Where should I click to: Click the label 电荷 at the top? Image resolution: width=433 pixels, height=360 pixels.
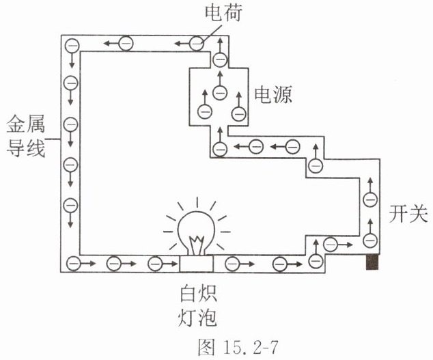223,12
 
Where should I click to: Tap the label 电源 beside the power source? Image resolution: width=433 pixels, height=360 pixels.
273,95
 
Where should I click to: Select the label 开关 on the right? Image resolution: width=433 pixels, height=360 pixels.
408,214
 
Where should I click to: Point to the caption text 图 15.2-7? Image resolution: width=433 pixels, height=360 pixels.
238,347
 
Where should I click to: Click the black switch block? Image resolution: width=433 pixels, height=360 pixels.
372,262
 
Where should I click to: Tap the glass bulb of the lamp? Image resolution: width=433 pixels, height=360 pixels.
196,232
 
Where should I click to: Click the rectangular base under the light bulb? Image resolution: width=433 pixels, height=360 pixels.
197,264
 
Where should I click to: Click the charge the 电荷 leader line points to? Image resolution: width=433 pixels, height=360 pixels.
197,43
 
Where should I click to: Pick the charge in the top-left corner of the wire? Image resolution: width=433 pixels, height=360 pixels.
72,46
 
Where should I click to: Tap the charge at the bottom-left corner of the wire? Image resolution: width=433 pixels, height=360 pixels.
74,264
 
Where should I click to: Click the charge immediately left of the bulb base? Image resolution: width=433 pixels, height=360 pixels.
155,264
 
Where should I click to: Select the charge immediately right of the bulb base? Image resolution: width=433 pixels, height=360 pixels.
232,264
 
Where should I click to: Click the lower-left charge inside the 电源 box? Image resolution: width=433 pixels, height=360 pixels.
205,112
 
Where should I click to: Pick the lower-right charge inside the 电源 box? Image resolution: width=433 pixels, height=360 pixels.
239,113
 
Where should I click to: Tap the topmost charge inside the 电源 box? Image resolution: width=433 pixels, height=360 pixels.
220,92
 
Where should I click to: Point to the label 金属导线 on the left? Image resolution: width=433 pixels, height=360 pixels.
26,137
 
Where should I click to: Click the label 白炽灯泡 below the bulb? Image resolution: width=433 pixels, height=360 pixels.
198,307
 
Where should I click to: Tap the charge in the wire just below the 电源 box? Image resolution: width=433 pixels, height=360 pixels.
220,149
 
